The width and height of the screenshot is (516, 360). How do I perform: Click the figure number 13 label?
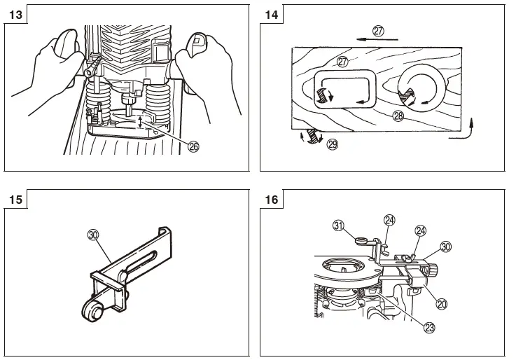coord(15,14)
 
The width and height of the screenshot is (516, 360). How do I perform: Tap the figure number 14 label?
coord(272,14)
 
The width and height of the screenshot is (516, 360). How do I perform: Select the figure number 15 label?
coord(15,200)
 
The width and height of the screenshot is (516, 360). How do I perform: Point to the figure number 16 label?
coord(272,200)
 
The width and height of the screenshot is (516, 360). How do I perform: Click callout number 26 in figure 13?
coord(193,146)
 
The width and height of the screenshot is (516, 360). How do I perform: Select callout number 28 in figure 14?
coord(398,117)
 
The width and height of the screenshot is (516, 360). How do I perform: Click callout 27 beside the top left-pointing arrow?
coord(379,31)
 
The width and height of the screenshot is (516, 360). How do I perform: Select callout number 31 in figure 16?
coord(338,225)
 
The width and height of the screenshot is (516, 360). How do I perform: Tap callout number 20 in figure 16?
coord(442,304)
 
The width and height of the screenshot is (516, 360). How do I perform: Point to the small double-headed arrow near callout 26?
coord(141,121)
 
